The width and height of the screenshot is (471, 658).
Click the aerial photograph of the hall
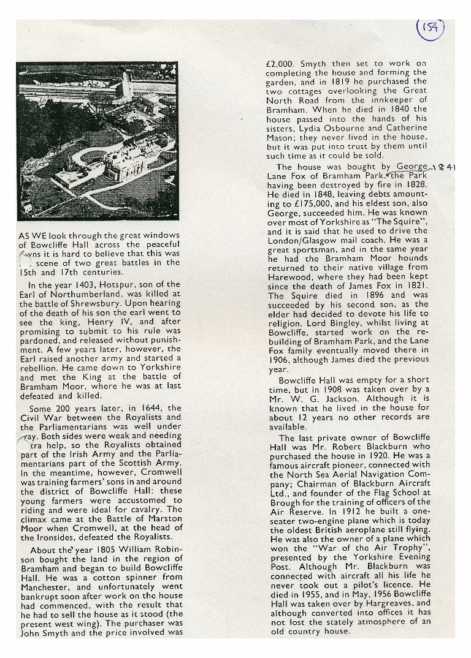coord(98,140)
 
